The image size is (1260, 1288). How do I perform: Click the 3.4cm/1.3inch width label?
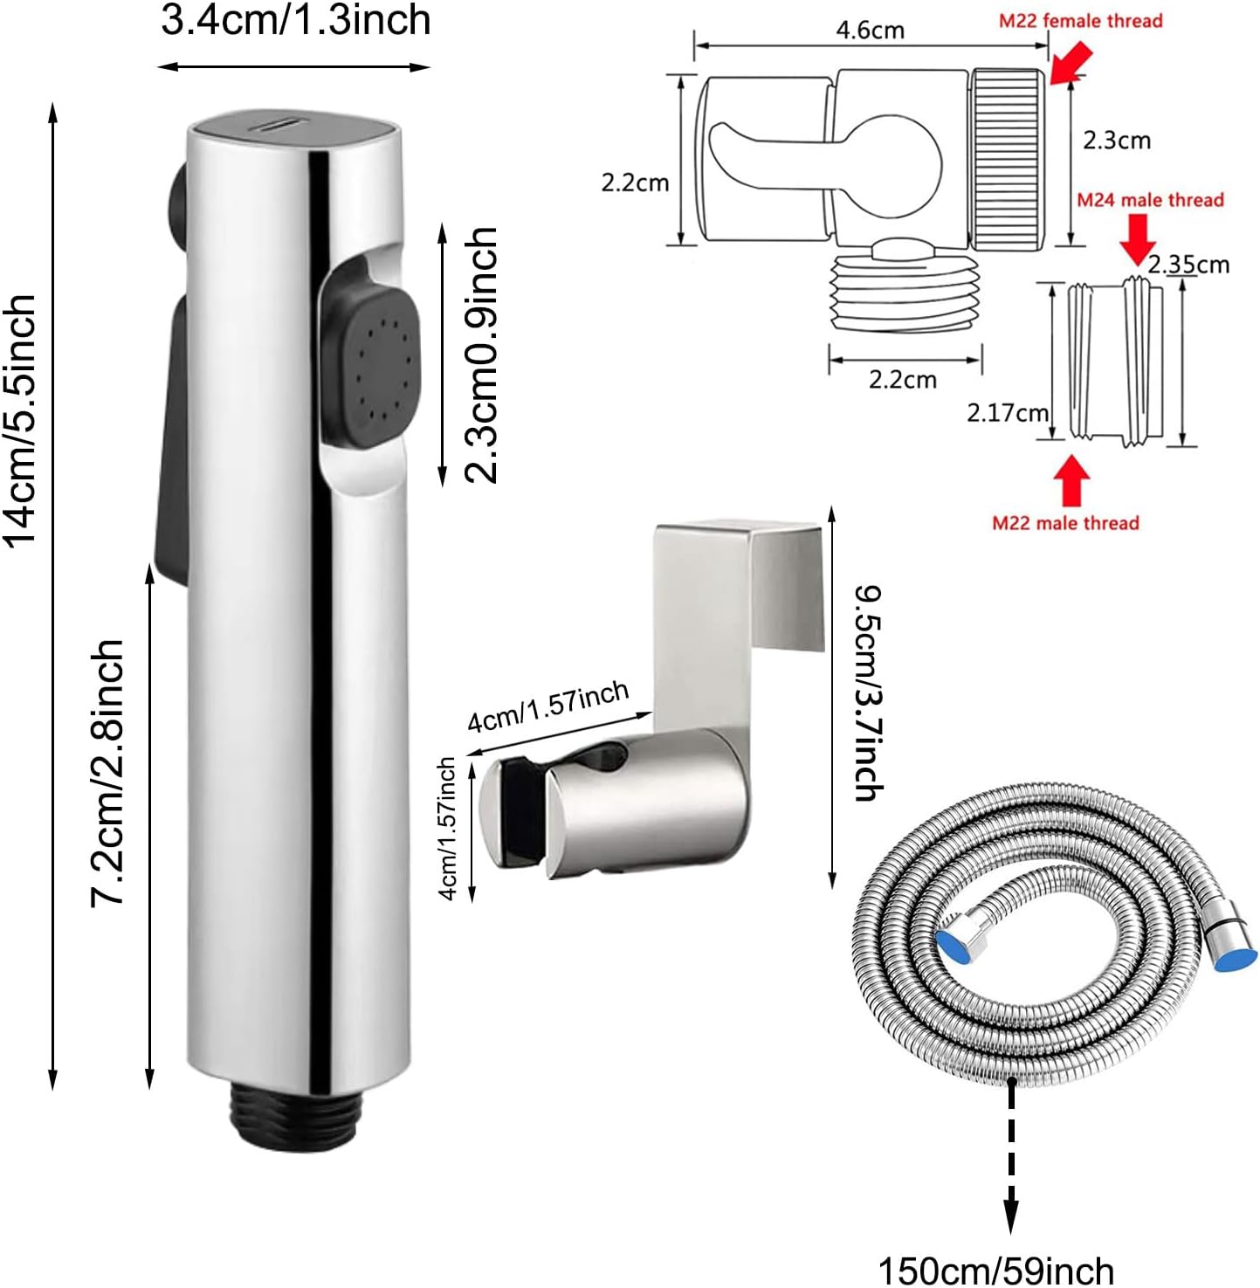(x=295, y=20)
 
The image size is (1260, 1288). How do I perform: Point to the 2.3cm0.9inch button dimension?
(x=480, y=355)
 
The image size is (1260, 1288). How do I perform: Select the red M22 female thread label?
(x=1080, y=21)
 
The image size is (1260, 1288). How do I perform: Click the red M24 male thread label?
(x=1149, y=200)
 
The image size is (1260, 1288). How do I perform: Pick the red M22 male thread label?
(x=1065, y=523)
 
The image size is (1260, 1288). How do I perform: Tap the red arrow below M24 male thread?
(x=1137, y=238)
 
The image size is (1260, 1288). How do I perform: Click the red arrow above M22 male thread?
(x=1071, y=481)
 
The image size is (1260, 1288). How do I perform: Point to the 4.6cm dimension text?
(x=870, y=31)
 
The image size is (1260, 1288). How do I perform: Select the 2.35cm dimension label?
(x=1188, y=265)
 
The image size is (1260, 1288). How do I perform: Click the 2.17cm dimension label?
(x=1007, y=412)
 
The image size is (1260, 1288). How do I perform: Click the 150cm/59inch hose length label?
(x=995, y=1271)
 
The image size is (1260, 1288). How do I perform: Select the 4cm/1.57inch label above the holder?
(x=547, y=706)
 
